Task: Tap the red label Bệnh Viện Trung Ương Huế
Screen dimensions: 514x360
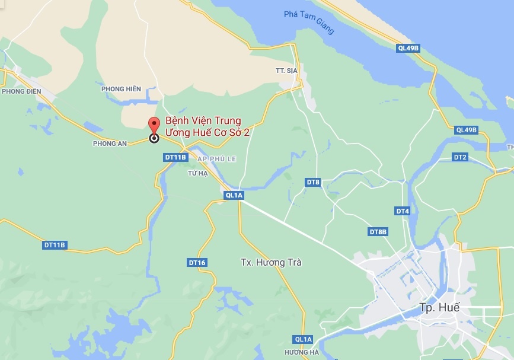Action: point(206,126)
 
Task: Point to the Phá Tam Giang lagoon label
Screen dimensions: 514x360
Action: point(309,23)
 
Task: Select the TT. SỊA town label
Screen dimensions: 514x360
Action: point(287,71)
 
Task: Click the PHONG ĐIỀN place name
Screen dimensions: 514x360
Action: point(21,91)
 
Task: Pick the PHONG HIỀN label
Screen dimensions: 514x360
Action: point(121,89)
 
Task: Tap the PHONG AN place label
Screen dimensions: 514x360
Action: point(111,144)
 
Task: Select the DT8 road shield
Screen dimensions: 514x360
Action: point(313,182)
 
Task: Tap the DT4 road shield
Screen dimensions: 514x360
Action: point(403,211)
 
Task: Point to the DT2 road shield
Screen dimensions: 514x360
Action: point(460,157)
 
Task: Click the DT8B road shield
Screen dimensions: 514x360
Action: point(378,231)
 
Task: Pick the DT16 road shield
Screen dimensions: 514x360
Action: point(197,262)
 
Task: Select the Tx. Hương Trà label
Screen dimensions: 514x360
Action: point(272,262)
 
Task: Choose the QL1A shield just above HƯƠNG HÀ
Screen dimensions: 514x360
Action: point(302,339)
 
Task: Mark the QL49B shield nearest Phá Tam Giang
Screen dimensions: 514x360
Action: point(408,48)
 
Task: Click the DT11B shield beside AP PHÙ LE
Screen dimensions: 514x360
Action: point(175,158)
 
